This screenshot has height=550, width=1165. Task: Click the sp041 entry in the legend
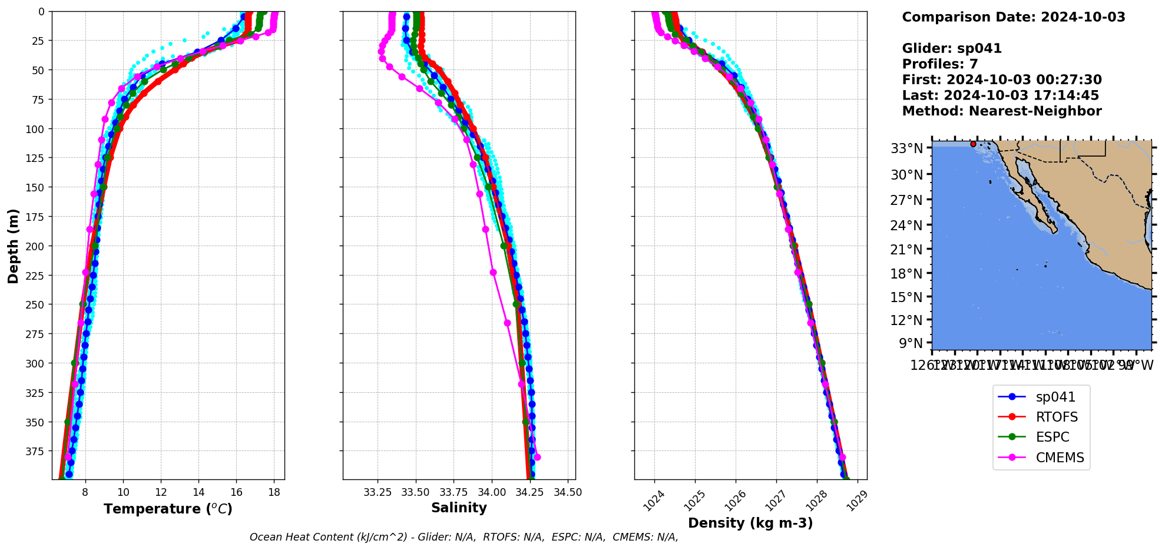pyautogui.click(x=1055, y=397)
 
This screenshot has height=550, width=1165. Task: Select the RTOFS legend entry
pyautogui.click(x=1057, y=418)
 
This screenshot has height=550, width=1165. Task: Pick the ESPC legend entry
pyautogui.click(x=1052, y=438)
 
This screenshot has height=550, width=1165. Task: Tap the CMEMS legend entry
pyautogui.click(x=1060, y=458)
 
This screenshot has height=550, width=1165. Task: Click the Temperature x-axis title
pyautogui.click(x=168, y=509)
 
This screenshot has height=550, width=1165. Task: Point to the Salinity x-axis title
pyautogui.click(x=459, y=508)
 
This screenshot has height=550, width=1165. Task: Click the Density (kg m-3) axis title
pyautogui.click(x=750, y=523)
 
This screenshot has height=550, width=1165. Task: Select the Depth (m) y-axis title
pyautogui.click(x=13, y=246)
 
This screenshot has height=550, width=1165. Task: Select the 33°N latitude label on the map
pyautogui.click(x=906, y=148)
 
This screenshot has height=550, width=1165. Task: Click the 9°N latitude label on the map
pyautogui.click(x=911, y=343)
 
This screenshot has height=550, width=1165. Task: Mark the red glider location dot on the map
pyautogui.click(x=973, y=144)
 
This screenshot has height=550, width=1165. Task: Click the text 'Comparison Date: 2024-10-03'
pyautogui.click(x=1013, y=17)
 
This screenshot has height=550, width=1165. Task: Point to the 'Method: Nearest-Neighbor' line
pyautogui.click(x=1001, y=111)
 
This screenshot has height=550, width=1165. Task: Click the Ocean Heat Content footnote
pyautogui.click(x=464, y=537)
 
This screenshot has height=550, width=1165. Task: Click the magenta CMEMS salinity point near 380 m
pyautogui.click(x=537, y=457)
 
